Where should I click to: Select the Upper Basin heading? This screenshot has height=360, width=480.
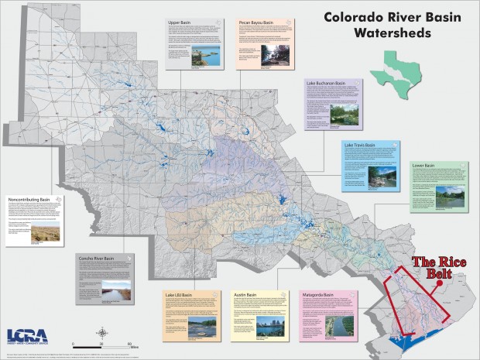pyautogui.click(x=180, y=23)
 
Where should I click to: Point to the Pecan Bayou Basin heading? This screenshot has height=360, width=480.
pyautogui.click(x=256, y=23)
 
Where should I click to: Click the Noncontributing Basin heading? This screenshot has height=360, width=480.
pyautogui.click(x=30, y=197)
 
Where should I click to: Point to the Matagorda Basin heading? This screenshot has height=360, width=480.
pyautogui.click(x=318, y=295)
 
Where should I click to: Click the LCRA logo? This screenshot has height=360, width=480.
pyautogui.click(x=28, y=337)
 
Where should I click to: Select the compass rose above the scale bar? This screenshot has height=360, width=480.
pyautogui.click(x=101, y=332)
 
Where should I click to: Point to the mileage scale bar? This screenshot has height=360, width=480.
pyautogui.click(x=101, y=343)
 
